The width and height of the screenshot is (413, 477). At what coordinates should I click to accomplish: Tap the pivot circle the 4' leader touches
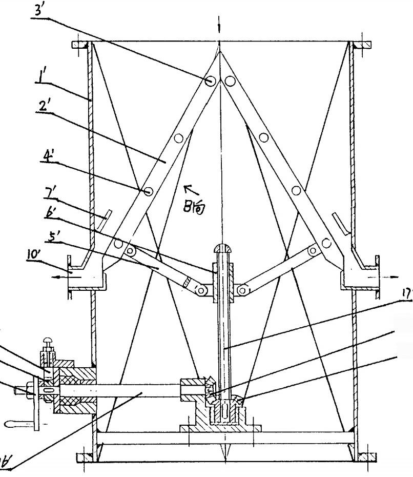[x=148, y=191]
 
